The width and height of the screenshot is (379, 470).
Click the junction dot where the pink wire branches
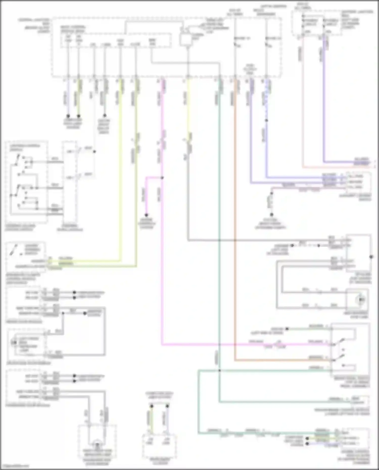[162, 178]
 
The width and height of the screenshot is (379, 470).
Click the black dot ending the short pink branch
[146, 215]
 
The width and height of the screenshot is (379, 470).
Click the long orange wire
[235, 227]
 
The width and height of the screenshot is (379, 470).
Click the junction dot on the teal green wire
[219, 370]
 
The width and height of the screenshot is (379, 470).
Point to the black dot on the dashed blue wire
[266, 120]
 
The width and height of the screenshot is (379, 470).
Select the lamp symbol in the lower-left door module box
[13, 343]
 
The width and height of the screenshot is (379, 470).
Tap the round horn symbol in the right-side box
[361, 300]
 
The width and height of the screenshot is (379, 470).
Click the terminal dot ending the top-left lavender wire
[68, 116]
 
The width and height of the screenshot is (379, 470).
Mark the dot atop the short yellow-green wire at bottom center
[152, 406]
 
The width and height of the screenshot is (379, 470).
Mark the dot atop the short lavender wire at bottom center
[167, 406]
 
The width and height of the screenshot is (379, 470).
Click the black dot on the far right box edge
[371, 257]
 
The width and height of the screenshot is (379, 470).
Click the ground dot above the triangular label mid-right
[272, 215]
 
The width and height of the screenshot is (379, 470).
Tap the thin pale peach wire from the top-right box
[303, 101]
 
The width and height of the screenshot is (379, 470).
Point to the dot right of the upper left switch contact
[95, 152]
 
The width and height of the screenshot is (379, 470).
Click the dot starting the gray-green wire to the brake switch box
[287, 329]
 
